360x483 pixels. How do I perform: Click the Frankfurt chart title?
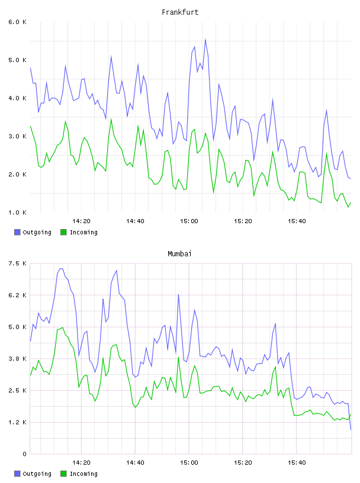point(180,12)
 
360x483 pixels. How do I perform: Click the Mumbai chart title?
point(179,253)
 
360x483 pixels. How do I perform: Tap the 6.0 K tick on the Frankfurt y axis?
point(17,22)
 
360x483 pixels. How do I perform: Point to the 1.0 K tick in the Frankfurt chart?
point(17,212)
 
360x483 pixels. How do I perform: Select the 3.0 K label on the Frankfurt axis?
point(17,136)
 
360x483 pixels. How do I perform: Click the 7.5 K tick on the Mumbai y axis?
point(17,263)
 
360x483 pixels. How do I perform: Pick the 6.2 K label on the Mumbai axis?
point(17,295)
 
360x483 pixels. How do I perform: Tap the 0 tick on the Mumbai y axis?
point(24,454)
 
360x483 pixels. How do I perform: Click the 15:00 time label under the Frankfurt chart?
point(189,221)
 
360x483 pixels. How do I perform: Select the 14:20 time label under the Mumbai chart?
point(81,462)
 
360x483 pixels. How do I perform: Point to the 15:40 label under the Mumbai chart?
point(297,462)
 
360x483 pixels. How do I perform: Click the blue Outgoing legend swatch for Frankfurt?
point(17,232)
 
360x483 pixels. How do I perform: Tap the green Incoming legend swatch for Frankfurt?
point(63,232)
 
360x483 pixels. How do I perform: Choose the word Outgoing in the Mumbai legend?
point(37,474)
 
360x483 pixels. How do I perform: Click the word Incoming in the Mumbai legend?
point(83,474)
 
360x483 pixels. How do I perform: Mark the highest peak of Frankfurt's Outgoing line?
point(205,40)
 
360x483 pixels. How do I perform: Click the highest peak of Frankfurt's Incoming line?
point(111,120)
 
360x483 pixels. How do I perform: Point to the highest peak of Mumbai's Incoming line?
point(63,327)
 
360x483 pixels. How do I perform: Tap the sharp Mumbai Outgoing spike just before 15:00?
point(178,295)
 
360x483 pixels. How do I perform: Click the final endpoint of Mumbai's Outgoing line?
point(351,429)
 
